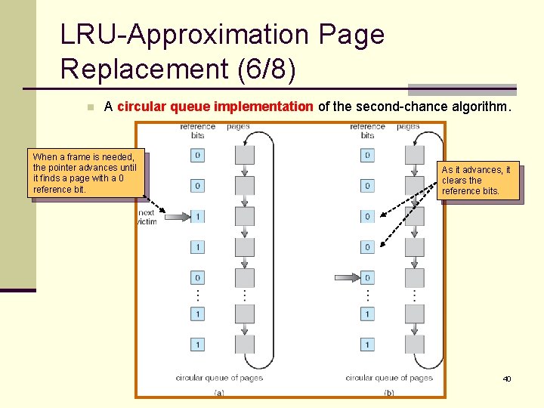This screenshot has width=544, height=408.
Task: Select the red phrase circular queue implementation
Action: coord(215,107)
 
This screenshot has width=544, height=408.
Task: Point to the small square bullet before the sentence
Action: coord(89,107)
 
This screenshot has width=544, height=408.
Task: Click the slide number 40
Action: coord(506,378)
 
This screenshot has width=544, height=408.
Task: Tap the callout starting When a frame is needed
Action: coord(85,173)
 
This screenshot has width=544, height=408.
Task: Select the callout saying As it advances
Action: coord(481,181)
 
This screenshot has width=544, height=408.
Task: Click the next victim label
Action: coord(147,217)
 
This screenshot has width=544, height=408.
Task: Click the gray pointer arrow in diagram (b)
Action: coord(345,277)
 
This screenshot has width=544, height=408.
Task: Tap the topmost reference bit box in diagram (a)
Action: coord(197,155)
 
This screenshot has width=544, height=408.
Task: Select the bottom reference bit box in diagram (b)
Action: coord(367,345)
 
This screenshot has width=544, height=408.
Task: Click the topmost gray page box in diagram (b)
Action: coord(415,155)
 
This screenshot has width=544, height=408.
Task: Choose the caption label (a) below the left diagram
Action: coord(219,392)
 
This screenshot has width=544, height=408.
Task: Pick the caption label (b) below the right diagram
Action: coord(389,392)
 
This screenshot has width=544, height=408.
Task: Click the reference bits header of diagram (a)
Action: coord(197,131)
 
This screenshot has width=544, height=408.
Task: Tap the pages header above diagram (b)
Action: coord(408,126)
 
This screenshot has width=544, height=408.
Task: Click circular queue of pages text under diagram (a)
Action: coord(219,377)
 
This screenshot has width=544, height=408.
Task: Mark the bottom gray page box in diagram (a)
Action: coord(245,345)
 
